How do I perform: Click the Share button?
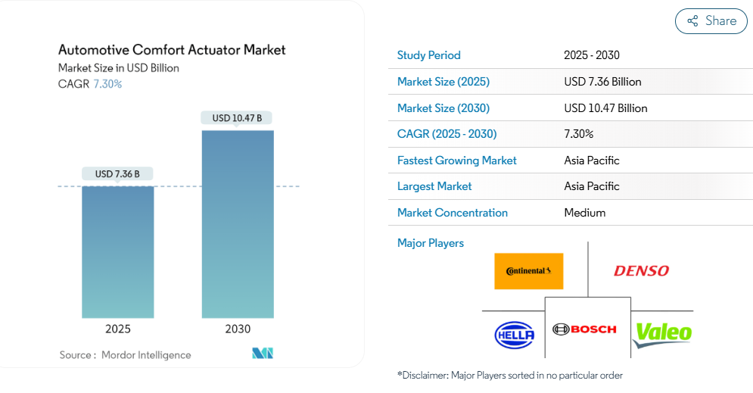click(x=711, y=21)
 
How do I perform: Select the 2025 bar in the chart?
click(x=118, y=251)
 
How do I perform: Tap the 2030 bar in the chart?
click(x=238, y=224)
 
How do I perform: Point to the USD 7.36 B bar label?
click(x=118, y=174)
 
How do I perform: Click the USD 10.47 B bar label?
click(x=237, y=118)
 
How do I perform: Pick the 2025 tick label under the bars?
click(x=118, y=329)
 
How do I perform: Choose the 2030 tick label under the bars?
click(x=238, y=329)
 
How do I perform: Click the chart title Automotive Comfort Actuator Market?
click(x=172, y=50)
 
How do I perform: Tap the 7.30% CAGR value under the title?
click(x=107, y=84)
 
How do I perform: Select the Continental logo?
click(x=529, y=271)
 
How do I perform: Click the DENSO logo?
click(x=641, y=270)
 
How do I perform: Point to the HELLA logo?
click(x=515, y=334)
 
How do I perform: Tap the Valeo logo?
click(x=662, y=333)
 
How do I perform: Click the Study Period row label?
click(x=428, y=55)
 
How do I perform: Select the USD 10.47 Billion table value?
click(x=605, y=108)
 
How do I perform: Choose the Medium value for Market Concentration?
click(x=585, y=213)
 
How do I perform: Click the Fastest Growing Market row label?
click(x=456, y=161)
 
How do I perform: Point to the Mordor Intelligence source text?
click(x=146, y=355)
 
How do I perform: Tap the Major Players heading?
click(x=431, y=243)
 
